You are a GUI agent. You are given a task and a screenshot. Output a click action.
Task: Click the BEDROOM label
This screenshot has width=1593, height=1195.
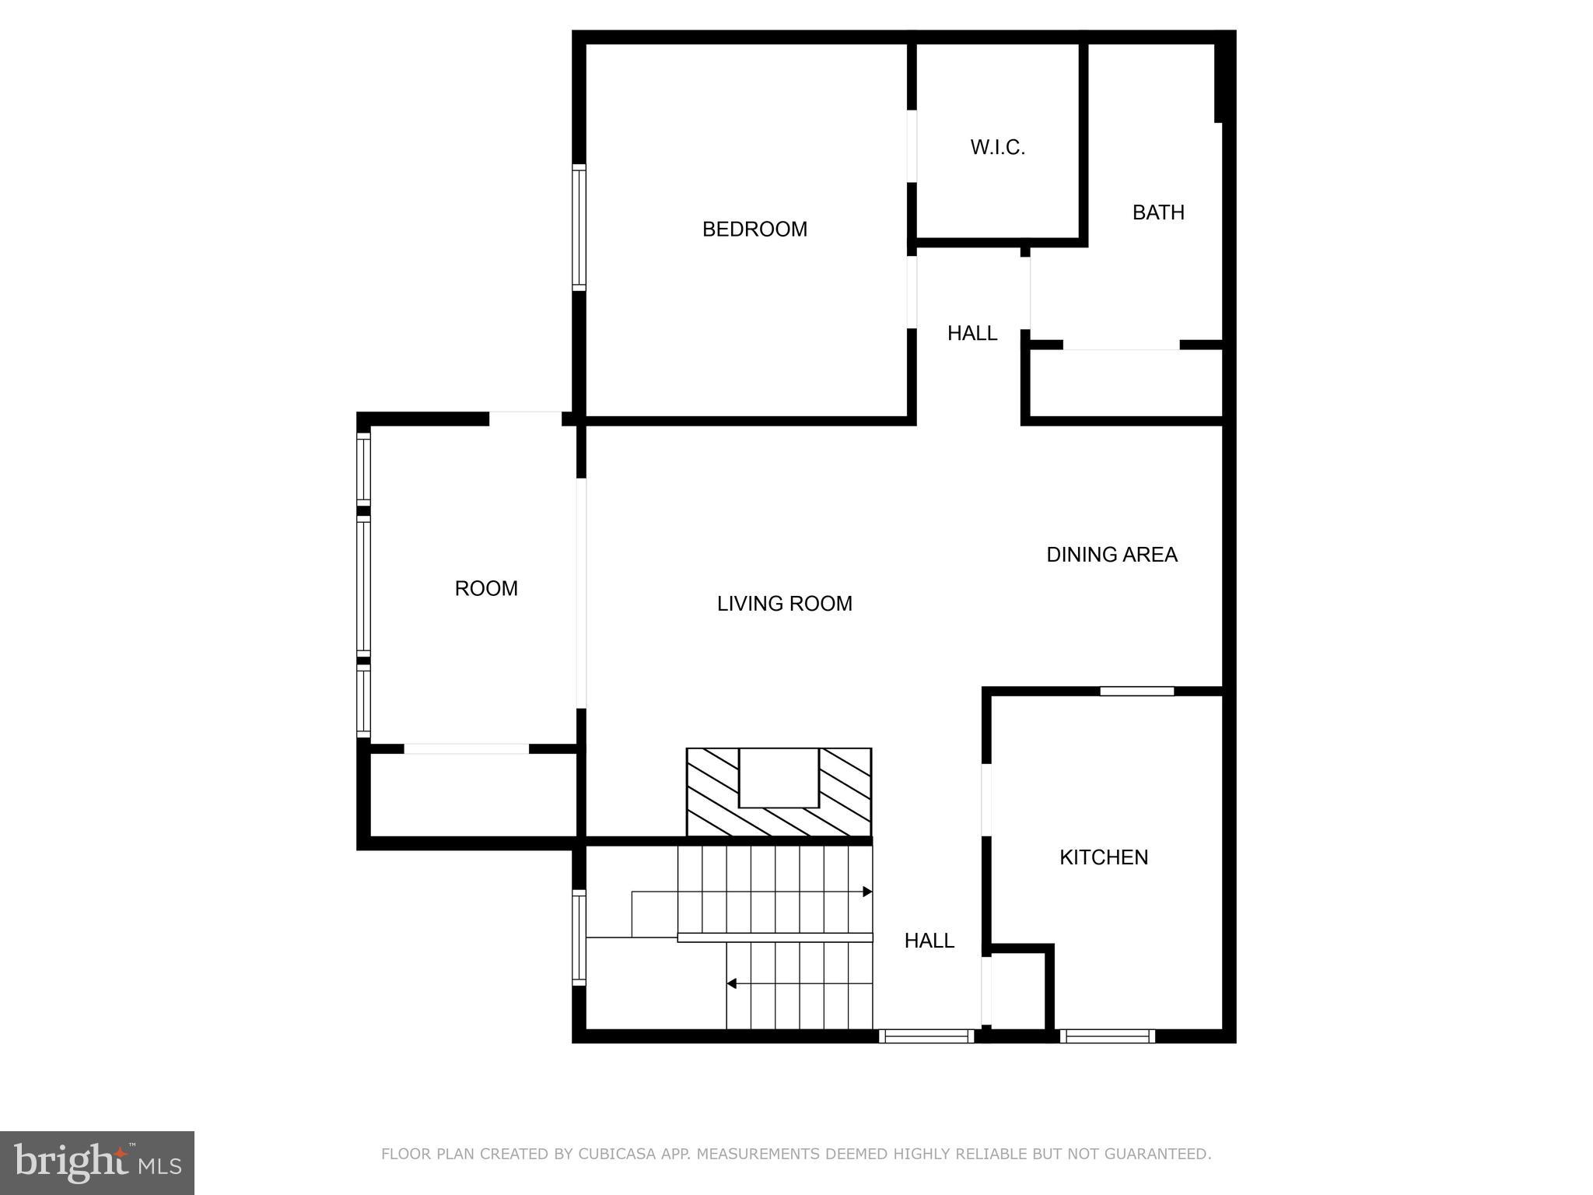tap(754, 230)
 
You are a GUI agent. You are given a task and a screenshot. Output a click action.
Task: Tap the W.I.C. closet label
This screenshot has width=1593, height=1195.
tap(997, 148)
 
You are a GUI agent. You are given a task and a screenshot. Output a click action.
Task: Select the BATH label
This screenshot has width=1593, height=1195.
tap(1158, 212)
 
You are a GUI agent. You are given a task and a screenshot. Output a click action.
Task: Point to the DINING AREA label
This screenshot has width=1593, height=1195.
tap(1112, 555)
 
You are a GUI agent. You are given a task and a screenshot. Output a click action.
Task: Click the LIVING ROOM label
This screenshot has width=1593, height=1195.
tap(784, 604)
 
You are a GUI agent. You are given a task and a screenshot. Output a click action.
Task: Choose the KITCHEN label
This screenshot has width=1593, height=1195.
tap(1104, 857)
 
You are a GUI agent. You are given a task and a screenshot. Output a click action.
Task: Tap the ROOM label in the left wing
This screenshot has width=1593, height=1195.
tap(486, 589)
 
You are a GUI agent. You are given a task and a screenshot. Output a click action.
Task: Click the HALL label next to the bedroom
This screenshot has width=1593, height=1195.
tap(972, 334)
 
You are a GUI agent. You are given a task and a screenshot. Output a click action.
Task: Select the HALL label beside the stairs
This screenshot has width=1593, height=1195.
tap(929, 941)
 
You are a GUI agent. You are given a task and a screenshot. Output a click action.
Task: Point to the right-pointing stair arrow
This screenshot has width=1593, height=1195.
tap(867, 892)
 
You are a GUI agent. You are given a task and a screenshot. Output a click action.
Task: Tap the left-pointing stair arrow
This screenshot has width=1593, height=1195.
tap(732, 983)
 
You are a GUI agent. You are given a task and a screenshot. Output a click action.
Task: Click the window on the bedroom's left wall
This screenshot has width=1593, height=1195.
tap(579, 228)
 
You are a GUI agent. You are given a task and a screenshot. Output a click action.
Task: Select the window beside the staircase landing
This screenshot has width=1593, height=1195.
tap(579, 937)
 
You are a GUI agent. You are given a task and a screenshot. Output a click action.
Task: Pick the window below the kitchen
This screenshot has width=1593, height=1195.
tap(1107, 1036)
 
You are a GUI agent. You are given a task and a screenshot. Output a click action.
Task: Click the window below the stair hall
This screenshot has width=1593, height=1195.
tap(926, 1036)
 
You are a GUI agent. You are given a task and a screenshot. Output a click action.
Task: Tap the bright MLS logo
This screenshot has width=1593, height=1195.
tap(97, 1163)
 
